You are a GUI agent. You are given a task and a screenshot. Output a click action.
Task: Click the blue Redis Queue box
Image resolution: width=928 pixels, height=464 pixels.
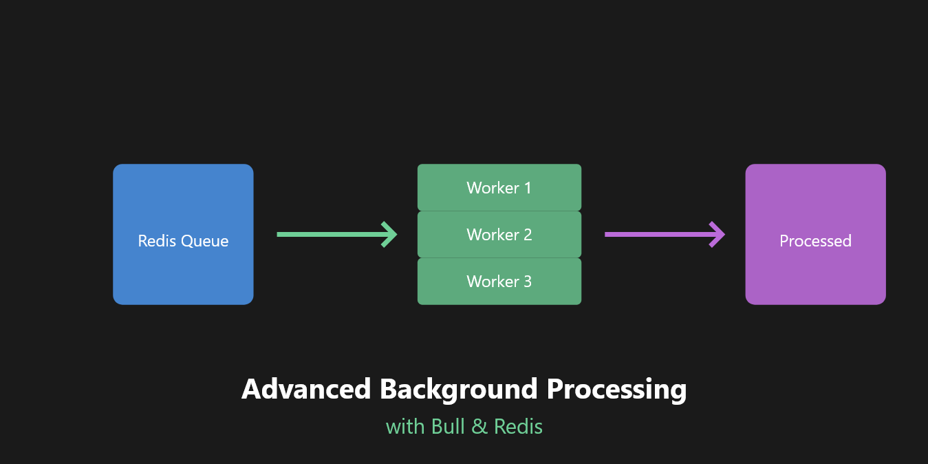tap(183, 207)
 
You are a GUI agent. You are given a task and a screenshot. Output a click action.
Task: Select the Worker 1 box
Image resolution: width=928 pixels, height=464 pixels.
tap(499, 187)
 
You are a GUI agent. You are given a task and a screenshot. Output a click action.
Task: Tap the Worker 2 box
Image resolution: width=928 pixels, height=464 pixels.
tap(499, 234)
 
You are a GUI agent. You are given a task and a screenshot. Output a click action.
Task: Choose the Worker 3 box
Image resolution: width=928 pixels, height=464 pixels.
tap(499, 281)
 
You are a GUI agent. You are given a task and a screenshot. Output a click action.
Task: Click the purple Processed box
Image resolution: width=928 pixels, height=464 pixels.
tap(815, 207)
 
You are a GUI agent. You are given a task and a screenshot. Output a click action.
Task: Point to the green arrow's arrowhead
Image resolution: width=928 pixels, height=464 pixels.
tap(390, 234)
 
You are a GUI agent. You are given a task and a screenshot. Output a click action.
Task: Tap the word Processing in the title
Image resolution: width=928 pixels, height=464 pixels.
tap(616, 389)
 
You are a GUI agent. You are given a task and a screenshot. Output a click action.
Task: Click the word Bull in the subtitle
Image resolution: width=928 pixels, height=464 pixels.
tap(449, 427)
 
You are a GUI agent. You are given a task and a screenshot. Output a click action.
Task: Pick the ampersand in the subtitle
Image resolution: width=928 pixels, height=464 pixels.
tap(479, 427)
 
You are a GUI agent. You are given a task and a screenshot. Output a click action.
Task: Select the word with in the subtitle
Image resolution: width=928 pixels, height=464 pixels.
tap(405, 427)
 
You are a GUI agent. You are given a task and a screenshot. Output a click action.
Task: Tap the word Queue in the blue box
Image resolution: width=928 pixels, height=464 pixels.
tap(204, 241)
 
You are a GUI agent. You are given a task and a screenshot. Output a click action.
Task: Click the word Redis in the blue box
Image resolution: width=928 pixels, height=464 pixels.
tap(157, 241)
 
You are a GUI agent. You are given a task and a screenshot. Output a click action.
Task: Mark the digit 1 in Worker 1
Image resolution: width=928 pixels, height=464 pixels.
tap(528, 187)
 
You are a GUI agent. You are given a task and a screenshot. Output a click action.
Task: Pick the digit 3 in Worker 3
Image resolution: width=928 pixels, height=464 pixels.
tap(528, 281)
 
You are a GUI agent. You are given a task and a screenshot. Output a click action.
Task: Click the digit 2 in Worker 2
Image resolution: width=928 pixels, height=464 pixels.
tap(528, 234)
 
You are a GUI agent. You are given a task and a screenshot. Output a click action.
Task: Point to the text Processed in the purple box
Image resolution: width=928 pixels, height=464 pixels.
tap(815, 241)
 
